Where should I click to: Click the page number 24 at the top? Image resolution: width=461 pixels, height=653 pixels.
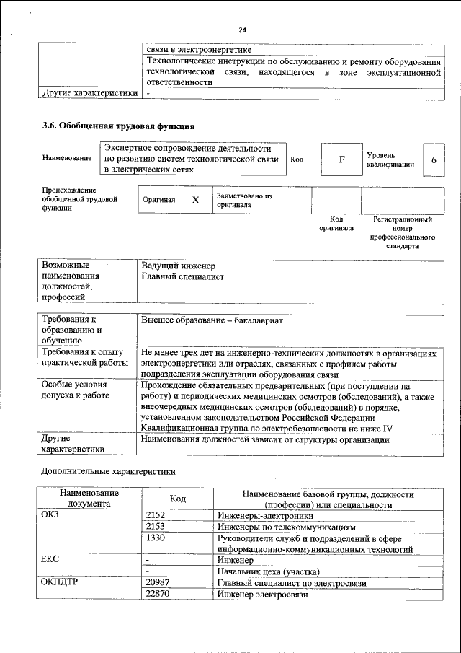click(x=242, y=30)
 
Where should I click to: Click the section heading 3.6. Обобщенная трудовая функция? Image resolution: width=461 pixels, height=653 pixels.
click(x=118, y=126)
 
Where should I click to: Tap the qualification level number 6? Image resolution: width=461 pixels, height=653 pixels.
click(x=434, y=159)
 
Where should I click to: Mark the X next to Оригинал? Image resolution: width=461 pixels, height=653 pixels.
click(x=194, y=200)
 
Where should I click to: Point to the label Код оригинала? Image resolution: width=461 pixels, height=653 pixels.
click(x=336, y=224)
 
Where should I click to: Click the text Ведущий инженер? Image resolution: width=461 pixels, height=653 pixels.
click(x=174, y=266)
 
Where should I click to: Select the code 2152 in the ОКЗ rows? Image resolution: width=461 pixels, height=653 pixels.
click(x=156, y=516)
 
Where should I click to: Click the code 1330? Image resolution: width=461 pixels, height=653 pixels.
click(x=156, y=538)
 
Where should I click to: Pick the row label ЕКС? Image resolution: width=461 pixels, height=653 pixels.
click(x=53, y=560)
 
